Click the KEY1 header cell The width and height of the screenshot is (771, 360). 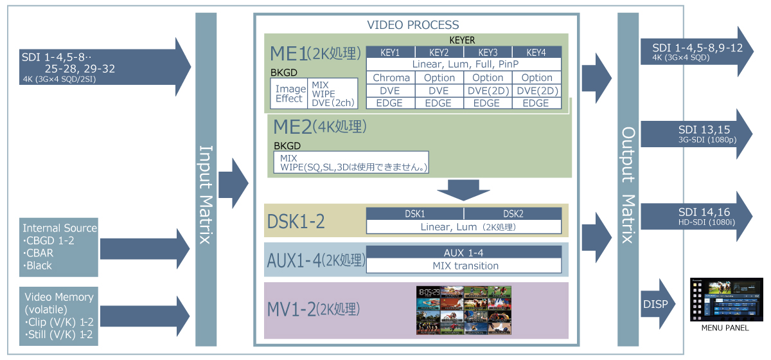(390, 52)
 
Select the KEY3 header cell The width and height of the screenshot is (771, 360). (488, 52)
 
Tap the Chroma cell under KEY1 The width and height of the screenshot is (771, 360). (391, 78)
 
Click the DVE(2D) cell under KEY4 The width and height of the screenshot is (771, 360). (537, 91)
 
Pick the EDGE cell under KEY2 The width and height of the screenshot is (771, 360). (439, 103)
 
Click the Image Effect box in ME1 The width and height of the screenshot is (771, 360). (289, 94)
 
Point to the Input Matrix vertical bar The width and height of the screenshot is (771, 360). (206, 180)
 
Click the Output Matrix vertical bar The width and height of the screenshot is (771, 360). (628, 180)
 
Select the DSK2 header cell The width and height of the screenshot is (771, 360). (512, 213)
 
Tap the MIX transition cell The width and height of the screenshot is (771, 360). (465, 265)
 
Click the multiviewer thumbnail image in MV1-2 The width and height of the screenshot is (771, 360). (465, 311)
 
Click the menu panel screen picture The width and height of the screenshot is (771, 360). (726, 300)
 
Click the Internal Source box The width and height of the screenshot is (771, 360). (59, 247)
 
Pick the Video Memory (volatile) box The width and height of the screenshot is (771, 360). (59, 316)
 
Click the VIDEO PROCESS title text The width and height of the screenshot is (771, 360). (413, 25)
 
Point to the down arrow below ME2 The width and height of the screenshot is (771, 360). (463, 189)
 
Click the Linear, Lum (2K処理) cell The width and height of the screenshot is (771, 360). (465, 227)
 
